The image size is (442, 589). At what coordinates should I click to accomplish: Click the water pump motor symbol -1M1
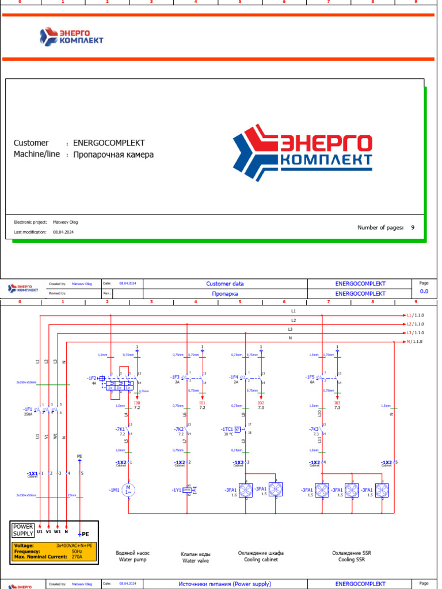coord(129,490)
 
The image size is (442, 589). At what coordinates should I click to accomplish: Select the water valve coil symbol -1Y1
coord(187,490)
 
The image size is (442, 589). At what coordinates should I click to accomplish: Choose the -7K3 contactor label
coord(314,429)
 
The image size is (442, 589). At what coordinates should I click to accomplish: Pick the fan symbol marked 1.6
coord(246,490)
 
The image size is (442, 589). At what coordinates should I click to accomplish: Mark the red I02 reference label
coord(261,403)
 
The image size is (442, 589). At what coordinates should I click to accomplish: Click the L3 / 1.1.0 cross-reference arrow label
coord(415,332)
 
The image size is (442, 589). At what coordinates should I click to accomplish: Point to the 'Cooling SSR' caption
coord(351,559)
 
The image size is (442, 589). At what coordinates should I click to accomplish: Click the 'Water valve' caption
coord(196,560)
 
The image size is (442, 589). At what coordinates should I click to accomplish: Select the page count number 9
coord(412,228)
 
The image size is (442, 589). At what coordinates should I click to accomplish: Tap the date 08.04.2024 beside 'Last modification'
coord(63,232)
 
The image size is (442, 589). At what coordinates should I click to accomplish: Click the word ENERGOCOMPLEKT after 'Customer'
coord(109,143)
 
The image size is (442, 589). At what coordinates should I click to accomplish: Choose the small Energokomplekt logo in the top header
coord(71,37)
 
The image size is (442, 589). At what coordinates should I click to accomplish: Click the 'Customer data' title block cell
coord(224,284)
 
